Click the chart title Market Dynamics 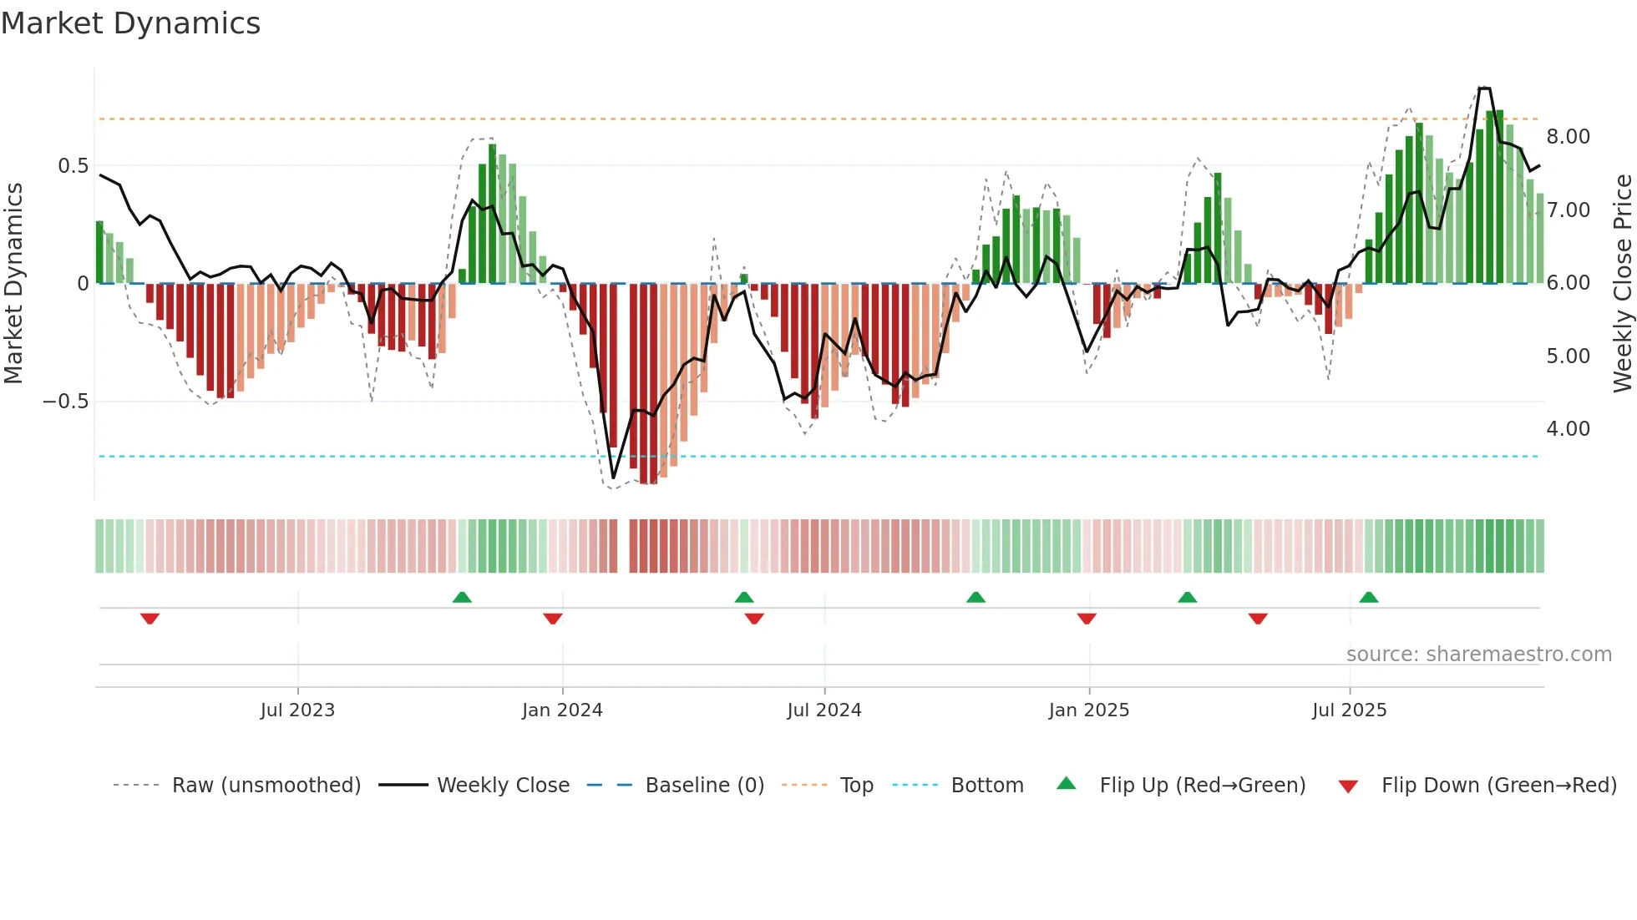tap(130, 23)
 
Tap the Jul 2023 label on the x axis tap(297, 710)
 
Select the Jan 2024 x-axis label tap(562, 710)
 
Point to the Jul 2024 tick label tap(824, 710)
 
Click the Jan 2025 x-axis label tap(1088, 710)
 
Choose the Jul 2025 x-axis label tap(1349, 710)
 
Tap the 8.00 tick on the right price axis tap(1568, 137)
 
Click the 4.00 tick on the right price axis tap(1568, 429)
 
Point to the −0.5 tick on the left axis tap(65, 402)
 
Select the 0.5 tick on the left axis tap(73, 166)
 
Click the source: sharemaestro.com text tap(1478, 655)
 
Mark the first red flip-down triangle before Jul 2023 tap(150, 619)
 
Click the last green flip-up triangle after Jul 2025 tap(1368, 597)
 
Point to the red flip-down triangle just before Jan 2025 tap(1086, 619)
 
